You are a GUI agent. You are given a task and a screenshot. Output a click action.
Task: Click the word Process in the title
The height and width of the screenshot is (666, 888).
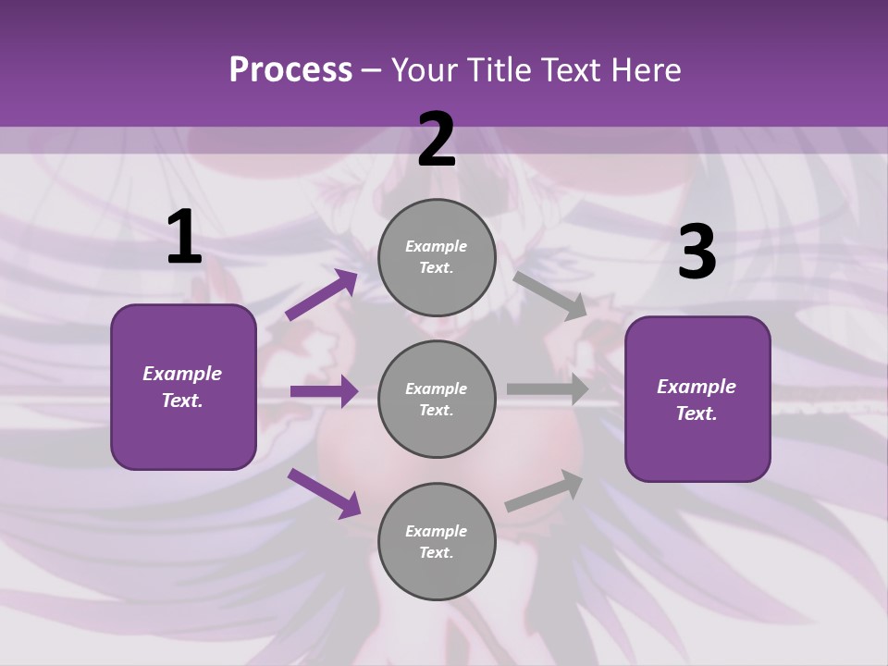290,70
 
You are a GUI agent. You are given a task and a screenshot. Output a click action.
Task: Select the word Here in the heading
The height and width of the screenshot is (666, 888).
647,70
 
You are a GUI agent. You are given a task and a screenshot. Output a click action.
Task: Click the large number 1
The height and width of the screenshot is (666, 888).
184,238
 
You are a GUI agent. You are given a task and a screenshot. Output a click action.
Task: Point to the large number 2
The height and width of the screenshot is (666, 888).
437,140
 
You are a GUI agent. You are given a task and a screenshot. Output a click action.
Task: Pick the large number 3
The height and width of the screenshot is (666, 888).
697,253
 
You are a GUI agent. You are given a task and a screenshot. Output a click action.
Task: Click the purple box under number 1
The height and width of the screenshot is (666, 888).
183,387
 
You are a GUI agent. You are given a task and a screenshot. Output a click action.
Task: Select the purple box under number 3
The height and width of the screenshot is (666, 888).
697,400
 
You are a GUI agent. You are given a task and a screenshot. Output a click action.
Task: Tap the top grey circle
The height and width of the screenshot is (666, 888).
437,257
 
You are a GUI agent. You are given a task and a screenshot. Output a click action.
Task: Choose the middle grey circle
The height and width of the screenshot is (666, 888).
437,400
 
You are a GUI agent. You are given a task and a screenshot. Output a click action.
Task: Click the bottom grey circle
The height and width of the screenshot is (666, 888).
437,542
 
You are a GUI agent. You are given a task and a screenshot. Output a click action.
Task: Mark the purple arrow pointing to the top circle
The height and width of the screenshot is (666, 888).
322,295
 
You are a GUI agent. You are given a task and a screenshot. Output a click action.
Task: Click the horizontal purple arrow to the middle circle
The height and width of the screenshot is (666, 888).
324,391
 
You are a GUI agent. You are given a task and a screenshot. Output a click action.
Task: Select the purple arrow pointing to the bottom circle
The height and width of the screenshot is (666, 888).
324,492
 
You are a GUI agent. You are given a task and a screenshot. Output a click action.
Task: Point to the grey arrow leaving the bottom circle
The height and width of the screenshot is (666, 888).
544,490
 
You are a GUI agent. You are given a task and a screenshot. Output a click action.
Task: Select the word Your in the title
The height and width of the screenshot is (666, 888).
424,70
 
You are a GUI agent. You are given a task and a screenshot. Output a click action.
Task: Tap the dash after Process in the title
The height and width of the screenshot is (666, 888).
372,70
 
